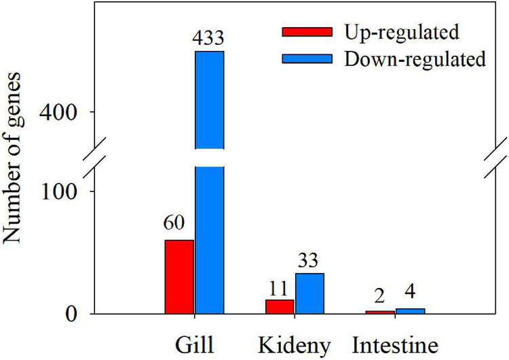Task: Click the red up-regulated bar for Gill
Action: click(x=179, y=276)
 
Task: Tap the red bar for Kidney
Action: click(x=279, y=306)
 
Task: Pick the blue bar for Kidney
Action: click(x=309, y=293)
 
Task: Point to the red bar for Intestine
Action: click(x=379, y=312)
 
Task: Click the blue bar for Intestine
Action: click(x=410, y=311)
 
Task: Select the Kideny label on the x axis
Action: click(x=294, y=344)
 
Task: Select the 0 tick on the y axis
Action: click(x=78, y=314)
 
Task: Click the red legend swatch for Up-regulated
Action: click(x=307, y=32)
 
